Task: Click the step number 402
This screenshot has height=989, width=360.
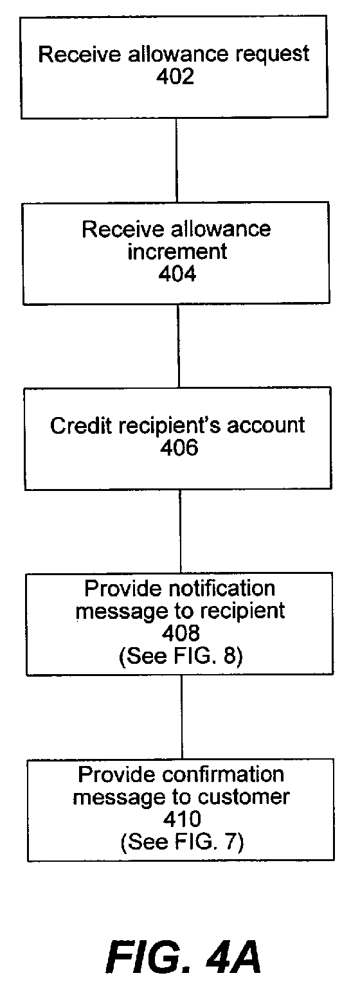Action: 175,77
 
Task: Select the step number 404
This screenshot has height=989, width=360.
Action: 177,274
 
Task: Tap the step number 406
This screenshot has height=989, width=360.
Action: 179,448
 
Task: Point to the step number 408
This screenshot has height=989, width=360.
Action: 181,634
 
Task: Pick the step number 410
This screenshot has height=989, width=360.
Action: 182,819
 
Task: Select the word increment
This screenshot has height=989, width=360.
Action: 177,252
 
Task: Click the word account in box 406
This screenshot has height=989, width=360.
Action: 265,426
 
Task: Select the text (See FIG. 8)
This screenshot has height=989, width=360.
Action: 181,656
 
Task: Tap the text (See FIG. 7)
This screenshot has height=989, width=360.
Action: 182,842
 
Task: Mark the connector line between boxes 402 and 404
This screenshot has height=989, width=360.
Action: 176,160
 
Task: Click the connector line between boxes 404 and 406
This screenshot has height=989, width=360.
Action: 179,346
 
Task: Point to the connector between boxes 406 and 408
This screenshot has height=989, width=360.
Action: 180,531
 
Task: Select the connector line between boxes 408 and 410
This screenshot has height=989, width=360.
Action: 181,717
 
